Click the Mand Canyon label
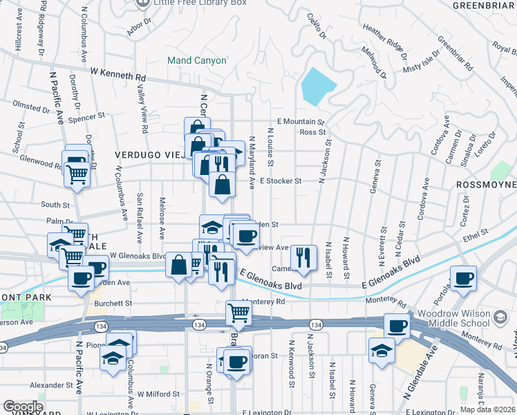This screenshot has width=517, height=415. click(x=197, y=60)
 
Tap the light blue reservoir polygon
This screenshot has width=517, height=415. click(x=317, y=86)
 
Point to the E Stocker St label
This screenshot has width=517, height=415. click(x=281, y=181)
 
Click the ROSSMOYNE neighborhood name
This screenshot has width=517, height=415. click(x=486, y=185)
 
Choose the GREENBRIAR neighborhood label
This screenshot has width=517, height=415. click(x=484, y=6)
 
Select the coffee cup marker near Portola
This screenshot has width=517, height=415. click(x=463, y=278)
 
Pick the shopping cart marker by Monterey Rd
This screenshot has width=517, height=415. click(x=238, y=312)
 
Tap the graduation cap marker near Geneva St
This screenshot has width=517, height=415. click(x=382, y=350)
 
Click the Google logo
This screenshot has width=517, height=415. click(x=23, y=407)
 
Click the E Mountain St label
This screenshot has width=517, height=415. click(x=301, y=121)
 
